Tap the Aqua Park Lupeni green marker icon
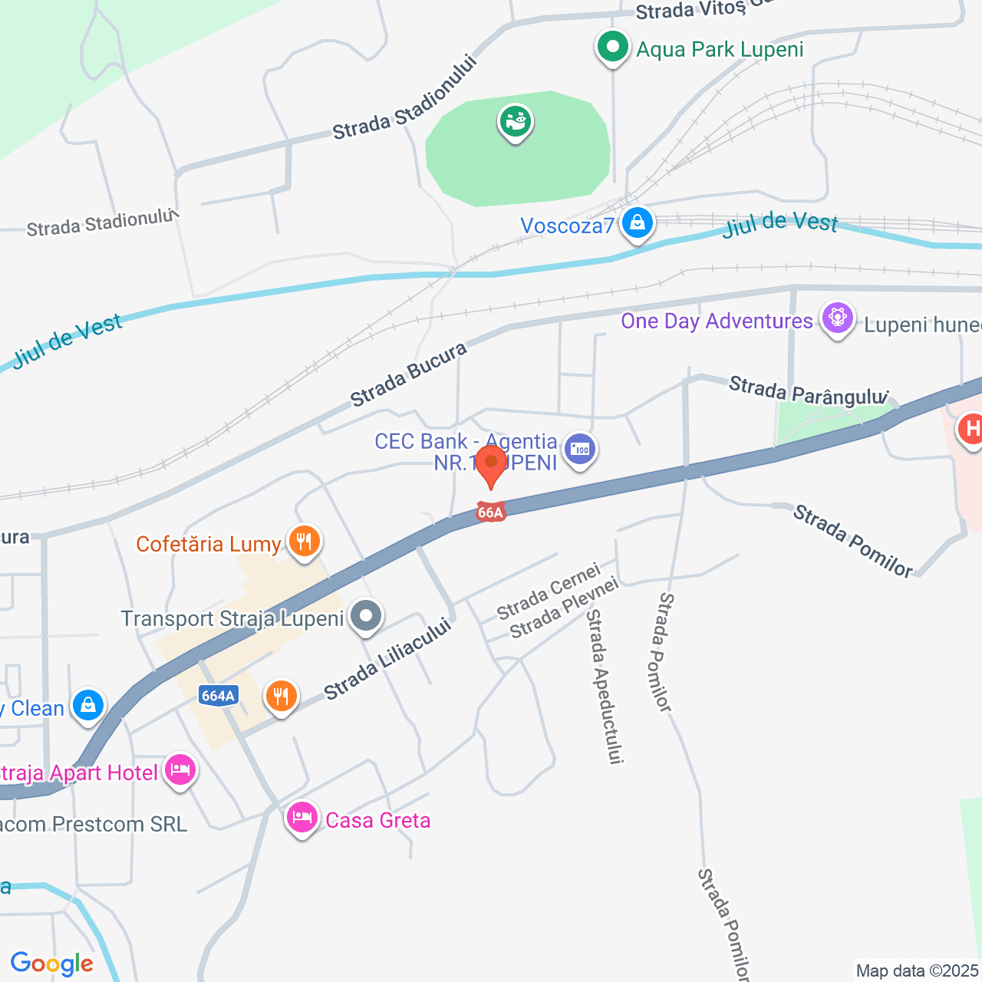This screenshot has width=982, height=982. click(612, 48)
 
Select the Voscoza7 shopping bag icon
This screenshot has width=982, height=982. click(637, 224)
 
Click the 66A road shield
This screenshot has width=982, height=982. click(490, 512)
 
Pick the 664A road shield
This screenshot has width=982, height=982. click(218, 696)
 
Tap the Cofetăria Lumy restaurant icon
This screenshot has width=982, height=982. click(304, 542)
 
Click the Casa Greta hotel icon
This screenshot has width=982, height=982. click(302, 818)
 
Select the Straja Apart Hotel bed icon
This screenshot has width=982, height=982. click(180, 769)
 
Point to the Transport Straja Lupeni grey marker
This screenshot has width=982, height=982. click(366, 616)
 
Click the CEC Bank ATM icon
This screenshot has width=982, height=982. click(580, 450)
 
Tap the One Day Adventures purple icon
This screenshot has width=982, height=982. click(837, 318)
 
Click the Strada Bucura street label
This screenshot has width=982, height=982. click(409, 374)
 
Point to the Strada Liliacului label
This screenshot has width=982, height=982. click(387, 658)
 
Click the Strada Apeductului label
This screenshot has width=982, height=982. click(604, 686)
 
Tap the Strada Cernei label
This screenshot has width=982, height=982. click(548, 592)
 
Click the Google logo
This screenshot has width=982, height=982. click(51, 964)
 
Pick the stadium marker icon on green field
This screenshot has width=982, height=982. click(516, 121)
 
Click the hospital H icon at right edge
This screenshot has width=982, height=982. click(971, 427)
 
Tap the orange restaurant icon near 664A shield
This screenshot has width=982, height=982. click(281, 697)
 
